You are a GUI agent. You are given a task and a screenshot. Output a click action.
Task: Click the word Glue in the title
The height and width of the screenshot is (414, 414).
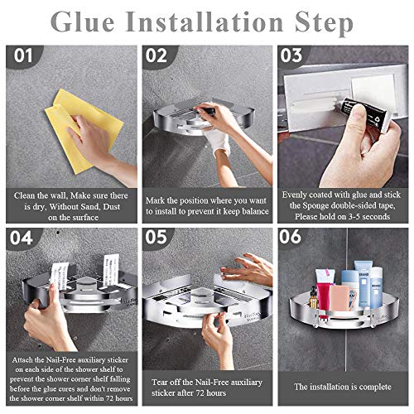pyautogui.click(x=89, y=22)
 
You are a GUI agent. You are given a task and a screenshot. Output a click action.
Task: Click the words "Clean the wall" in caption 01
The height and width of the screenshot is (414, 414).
pyautogui.click(x=38, y=196)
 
